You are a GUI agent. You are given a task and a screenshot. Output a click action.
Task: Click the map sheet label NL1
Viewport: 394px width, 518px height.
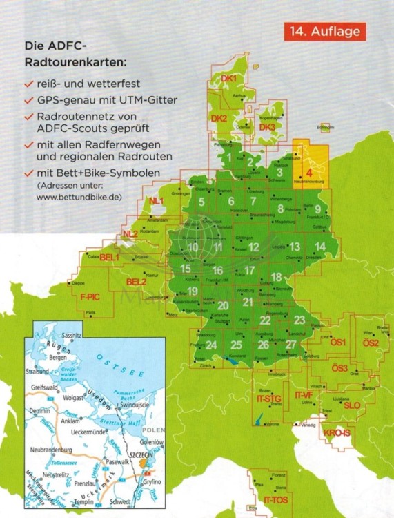(155, 201)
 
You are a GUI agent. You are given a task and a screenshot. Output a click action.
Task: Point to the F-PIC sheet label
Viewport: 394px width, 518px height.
(90, 301)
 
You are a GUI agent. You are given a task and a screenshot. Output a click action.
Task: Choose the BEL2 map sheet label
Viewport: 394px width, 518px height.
(136, 282)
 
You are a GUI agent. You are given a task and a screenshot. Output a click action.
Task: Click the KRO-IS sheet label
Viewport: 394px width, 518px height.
(336, 433)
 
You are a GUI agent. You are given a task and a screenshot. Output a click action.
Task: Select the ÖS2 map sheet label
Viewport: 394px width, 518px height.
(371, 343)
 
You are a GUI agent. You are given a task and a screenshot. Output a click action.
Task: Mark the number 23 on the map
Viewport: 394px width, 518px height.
(299, 319)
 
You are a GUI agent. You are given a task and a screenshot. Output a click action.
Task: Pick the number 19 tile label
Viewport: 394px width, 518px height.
(193, 291)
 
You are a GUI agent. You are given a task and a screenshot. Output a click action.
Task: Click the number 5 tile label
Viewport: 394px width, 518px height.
(201, 202)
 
